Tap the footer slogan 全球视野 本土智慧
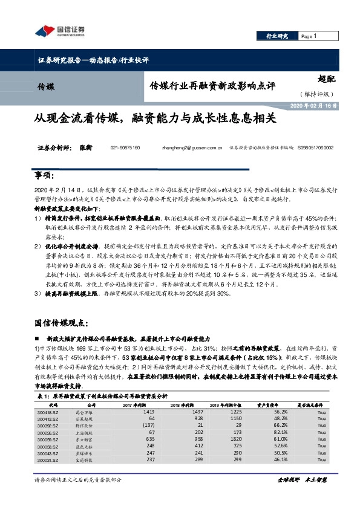click(302, 496)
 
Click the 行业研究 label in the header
click(278, 36)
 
